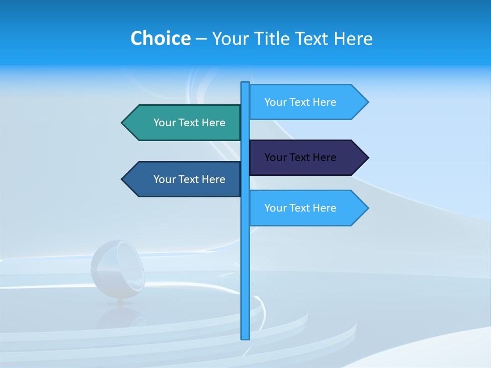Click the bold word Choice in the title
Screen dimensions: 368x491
click(160, 38)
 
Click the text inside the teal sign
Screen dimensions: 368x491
click(189, 123)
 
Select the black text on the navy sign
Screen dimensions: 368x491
click(300, 157)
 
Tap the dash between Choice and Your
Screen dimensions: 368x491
click(201, 39)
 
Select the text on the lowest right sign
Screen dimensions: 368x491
click(300, 208)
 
